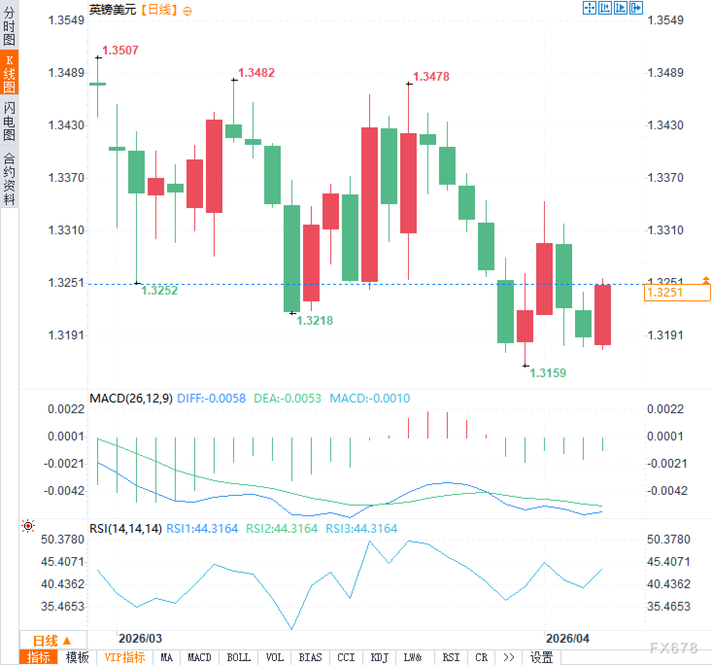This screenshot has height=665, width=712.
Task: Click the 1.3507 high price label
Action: pyautogui.click(x=120, y=50)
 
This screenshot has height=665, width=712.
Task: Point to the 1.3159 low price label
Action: pyautogui.click(x=547, y=373)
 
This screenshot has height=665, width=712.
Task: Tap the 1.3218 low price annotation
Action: pyautogui.click(x=314, y=320)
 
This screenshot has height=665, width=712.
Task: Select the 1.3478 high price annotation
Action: pyautogui.click(x=431, y=76)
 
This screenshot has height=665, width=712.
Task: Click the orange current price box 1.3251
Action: pyautogui.click(x=677, y=293)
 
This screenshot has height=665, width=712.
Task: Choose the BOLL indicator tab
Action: pyautogui.click(x=238, y=658)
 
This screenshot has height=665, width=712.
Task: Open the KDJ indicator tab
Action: pyautogui.click(x=379, y=658)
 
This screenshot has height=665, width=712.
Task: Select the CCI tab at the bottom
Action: pyautogui.click(x=346, y=658)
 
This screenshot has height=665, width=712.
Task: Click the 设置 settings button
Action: pyautogui.click(x=542, y=658)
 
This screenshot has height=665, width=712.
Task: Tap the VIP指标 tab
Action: pyautogui.click(x=125, y=658)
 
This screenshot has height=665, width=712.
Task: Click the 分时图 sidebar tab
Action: pyautogui.click(x=9, y=26)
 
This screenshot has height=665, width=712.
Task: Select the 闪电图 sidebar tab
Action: pyautogui.click(x=9, y=121)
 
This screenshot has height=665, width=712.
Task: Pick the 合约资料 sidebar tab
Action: pyautogui.click(x=9, y=178)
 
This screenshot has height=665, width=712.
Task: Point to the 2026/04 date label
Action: pyautogui.click(x=567, y=638)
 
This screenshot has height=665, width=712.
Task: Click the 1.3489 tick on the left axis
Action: pyautogui.click(x=66, y=73)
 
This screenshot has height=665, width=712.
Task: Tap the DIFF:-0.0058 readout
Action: pyautogui.click(x=211, y=399)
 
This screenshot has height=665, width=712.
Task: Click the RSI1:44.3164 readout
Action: pyautogui.click(x=202, y=528)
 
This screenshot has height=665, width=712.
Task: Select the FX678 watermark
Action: pyautogui.click(x=673, y=647)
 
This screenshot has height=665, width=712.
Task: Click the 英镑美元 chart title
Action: pyautogui.click(x=113, y=10)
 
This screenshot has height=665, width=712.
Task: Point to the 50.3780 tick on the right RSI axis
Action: pyautogui.click(x=668, y=539)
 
